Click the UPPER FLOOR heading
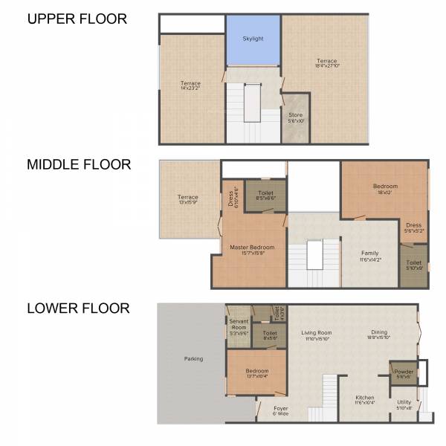77,19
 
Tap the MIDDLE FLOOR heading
79,164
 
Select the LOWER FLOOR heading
78,308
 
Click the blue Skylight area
253,39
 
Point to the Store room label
296,117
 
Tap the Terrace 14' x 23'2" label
190,86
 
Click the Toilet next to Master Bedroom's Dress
265,195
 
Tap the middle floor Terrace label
188,200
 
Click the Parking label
193,359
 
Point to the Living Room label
316,335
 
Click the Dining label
380,335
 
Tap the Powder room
404,374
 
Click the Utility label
404,404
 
